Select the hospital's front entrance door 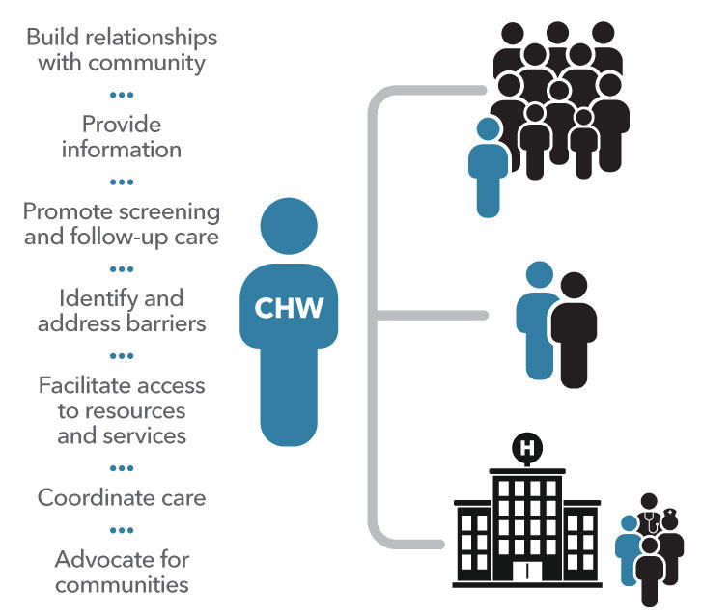click(x=527, y=574)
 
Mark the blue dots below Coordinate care click(x=122, y=529)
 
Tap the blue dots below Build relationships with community click(x=122, y=95)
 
